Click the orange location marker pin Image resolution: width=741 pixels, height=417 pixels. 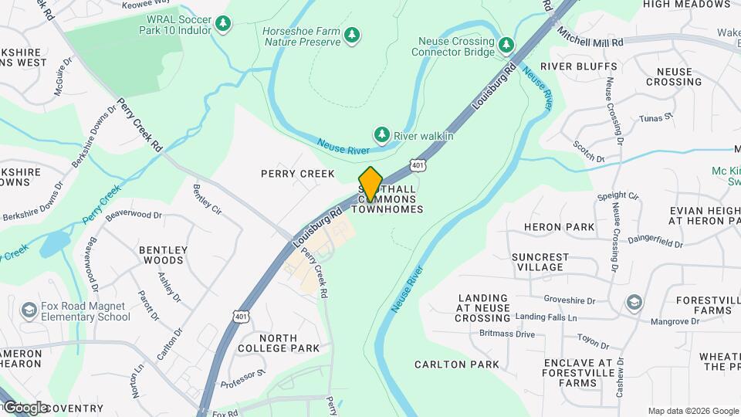tap(370, 184)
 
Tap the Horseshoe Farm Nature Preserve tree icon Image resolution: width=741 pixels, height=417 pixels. tap(352, 35)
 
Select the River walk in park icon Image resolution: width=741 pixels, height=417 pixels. tap(381, 135)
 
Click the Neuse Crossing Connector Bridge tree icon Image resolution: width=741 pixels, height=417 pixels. tap(506, 46)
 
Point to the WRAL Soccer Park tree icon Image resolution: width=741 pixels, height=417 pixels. tap(223, 24)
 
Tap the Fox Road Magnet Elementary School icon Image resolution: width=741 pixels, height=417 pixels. tap(29, 310)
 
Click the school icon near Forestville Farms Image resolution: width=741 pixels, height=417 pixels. tap(634, 300)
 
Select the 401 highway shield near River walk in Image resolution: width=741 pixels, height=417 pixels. tap(418, 164)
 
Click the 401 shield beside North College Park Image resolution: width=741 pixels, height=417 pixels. tap(242, 316)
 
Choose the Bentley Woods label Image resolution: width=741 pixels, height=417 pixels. tap(162, 255)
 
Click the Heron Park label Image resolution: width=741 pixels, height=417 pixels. tap(559, 227)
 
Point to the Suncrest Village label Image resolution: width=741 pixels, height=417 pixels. tap(540, 262)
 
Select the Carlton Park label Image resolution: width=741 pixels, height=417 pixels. tap(457, 364)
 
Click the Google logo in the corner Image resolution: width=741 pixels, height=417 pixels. tap(25, 407)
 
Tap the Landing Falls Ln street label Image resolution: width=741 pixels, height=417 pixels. tap(546, 317)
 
